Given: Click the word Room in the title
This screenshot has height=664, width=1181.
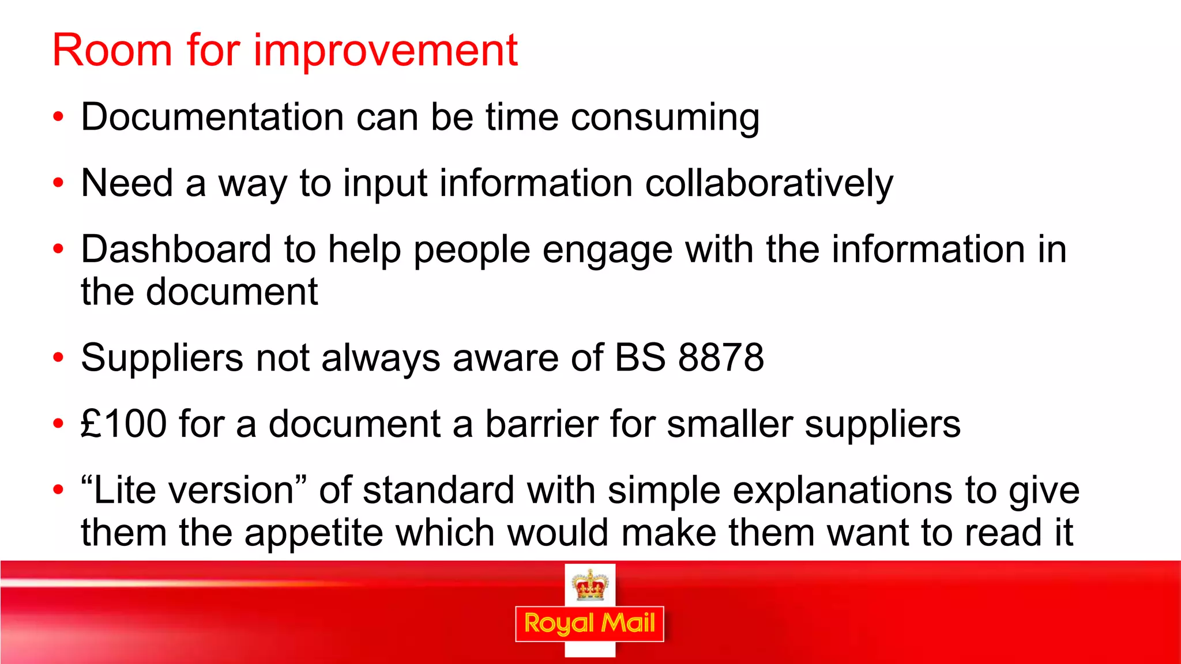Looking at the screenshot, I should [x=112, y=51].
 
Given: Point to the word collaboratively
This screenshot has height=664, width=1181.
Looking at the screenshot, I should [x=769, y=184].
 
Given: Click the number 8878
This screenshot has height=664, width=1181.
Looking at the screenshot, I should [x=721, y=357].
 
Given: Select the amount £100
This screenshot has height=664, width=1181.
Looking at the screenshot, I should [x=124, y=424].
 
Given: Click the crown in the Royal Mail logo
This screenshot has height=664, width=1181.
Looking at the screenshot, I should [x=589, y=585].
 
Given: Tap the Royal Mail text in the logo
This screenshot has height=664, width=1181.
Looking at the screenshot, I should [x=589, y=624].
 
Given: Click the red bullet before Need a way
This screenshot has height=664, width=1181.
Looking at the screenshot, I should [x=58, y=183].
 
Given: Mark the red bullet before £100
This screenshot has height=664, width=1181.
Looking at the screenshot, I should [x=58, y=424].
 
